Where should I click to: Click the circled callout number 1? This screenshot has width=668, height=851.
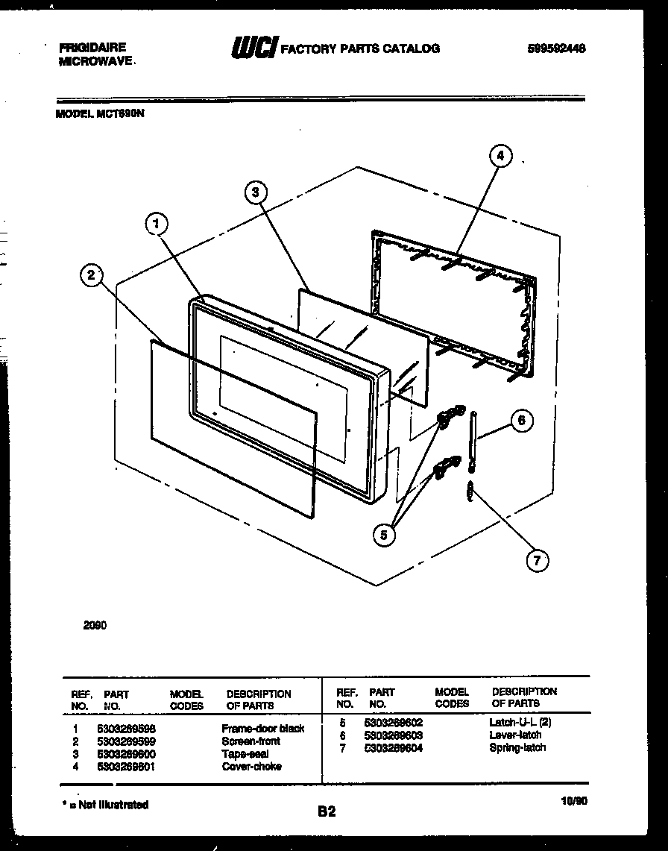tap(156, 223)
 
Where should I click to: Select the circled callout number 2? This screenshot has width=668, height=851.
tap(91, 276)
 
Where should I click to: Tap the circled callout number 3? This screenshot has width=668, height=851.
tap(256, 192)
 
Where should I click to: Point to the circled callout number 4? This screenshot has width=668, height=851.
tap(500, 156)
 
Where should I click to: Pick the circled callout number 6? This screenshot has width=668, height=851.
tap(520, 421)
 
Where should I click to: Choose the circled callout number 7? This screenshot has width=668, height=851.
tap(536, 560)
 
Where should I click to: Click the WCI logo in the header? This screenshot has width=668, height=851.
tap(253, 48)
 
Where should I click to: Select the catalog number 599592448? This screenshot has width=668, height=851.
tap(555, 48)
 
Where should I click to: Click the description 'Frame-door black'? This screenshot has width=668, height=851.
tap(263, 728)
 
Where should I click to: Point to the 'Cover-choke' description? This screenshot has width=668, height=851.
tap(251, 766)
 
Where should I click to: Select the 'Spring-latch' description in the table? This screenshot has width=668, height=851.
tap(517, 747)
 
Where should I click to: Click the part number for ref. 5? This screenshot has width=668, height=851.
tap(393, 722)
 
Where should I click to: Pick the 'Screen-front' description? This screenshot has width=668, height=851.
tap(250, 741)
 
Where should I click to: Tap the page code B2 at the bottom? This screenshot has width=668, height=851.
tap(327, 812)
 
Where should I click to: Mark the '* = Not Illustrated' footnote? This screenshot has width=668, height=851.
tap(105, 805)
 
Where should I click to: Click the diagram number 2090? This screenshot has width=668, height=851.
tap(95, 626)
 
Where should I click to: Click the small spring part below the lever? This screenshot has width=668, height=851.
tap(470, 491)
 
